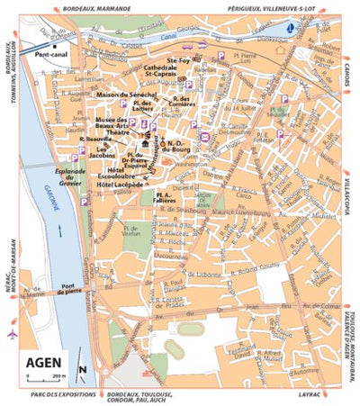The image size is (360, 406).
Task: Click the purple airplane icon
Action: click(x=12, y=335)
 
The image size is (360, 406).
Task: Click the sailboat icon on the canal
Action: click(x=289, y=28)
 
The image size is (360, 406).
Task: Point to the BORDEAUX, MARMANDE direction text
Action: click(x=99, y=7)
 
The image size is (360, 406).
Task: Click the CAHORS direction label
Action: click(x=346, y=79)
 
